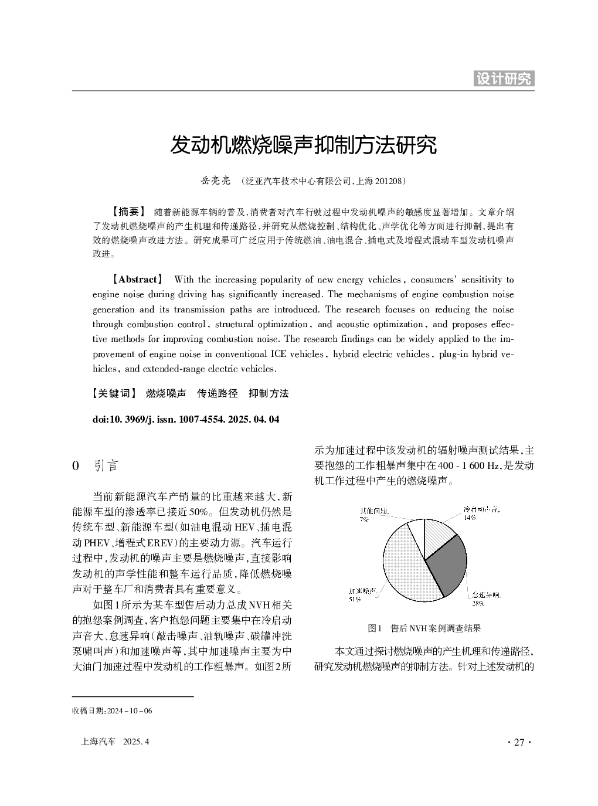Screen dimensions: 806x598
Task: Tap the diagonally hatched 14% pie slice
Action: coord(439,532)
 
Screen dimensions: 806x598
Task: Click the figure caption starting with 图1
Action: coord(424,628)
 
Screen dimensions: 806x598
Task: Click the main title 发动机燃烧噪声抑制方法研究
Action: coord(303,145)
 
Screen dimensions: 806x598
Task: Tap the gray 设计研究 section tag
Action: coord(504,79)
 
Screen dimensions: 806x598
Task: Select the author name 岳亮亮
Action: coord(216,181)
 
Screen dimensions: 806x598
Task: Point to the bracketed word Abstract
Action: coord(138,280)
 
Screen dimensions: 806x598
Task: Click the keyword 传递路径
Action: coord(218,393)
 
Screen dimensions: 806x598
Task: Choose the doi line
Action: coord(186,420)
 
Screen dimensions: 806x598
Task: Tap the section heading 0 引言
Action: coord(95,466)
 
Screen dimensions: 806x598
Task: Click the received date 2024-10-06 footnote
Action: coord(112,711)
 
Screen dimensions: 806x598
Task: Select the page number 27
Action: coord(518,742)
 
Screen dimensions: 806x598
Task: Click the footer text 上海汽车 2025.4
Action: coord(115,742)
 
